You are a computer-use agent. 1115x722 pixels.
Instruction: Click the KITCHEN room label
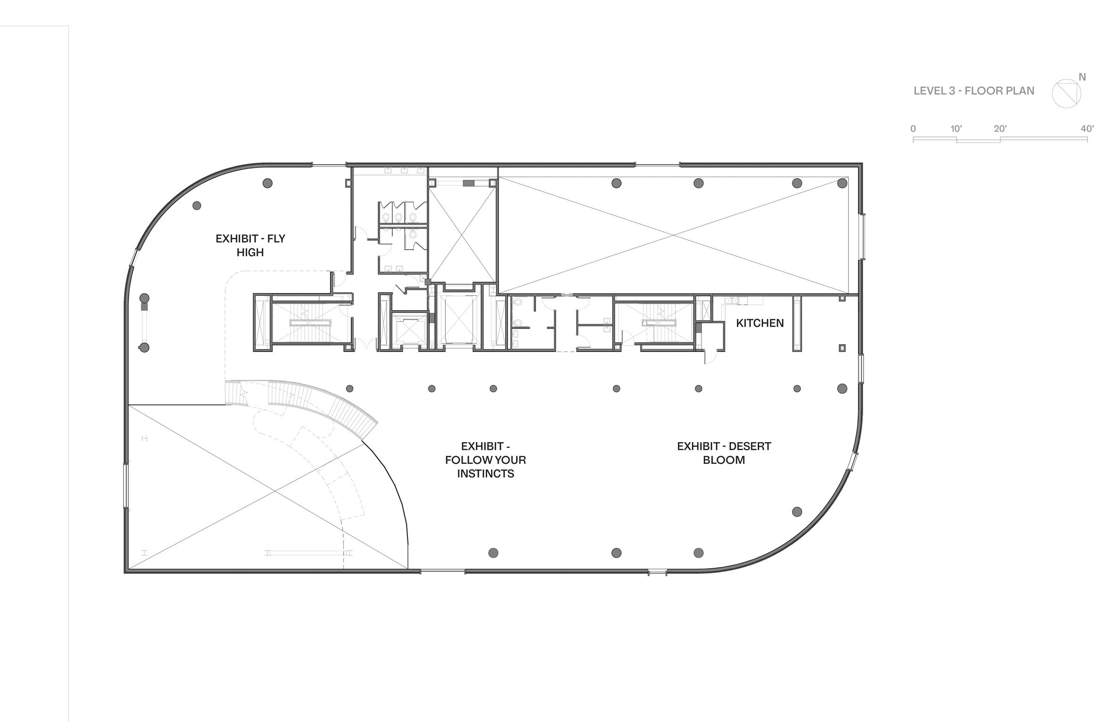(759, 323)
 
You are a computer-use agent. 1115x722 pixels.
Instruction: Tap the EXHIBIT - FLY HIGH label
(250, 245)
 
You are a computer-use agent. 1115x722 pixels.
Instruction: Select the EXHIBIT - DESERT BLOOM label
(724, 453)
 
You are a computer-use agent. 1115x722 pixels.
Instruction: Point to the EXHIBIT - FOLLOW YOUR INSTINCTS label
(485, 460)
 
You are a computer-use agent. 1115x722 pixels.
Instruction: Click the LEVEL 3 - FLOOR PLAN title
(974, 91)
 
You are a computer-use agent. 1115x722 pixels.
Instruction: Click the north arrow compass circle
(1066, 93)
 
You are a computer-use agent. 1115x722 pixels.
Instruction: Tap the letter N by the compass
(1082, 77)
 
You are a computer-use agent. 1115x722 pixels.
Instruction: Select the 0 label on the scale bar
(913, 129)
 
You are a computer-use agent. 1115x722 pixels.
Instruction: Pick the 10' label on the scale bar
(956, 129)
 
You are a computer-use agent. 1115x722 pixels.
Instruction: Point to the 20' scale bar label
(1000, 129)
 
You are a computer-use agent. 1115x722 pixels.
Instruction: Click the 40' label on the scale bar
(1087, 129)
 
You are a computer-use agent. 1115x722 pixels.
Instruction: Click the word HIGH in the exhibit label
(250, 252)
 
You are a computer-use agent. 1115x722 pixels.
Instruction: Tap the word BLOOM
(724, 460)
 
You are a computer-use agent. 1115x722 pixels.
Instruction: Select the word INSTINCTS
(485, 474)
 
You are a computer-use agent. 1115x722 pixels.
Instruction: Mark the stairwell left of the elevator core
(310, 323)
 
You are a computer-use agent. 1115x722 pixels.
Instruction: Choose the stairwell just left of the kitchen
(654, 323)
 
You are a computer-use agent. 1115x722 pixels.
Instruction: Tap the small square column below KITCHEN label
(842, 348)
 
